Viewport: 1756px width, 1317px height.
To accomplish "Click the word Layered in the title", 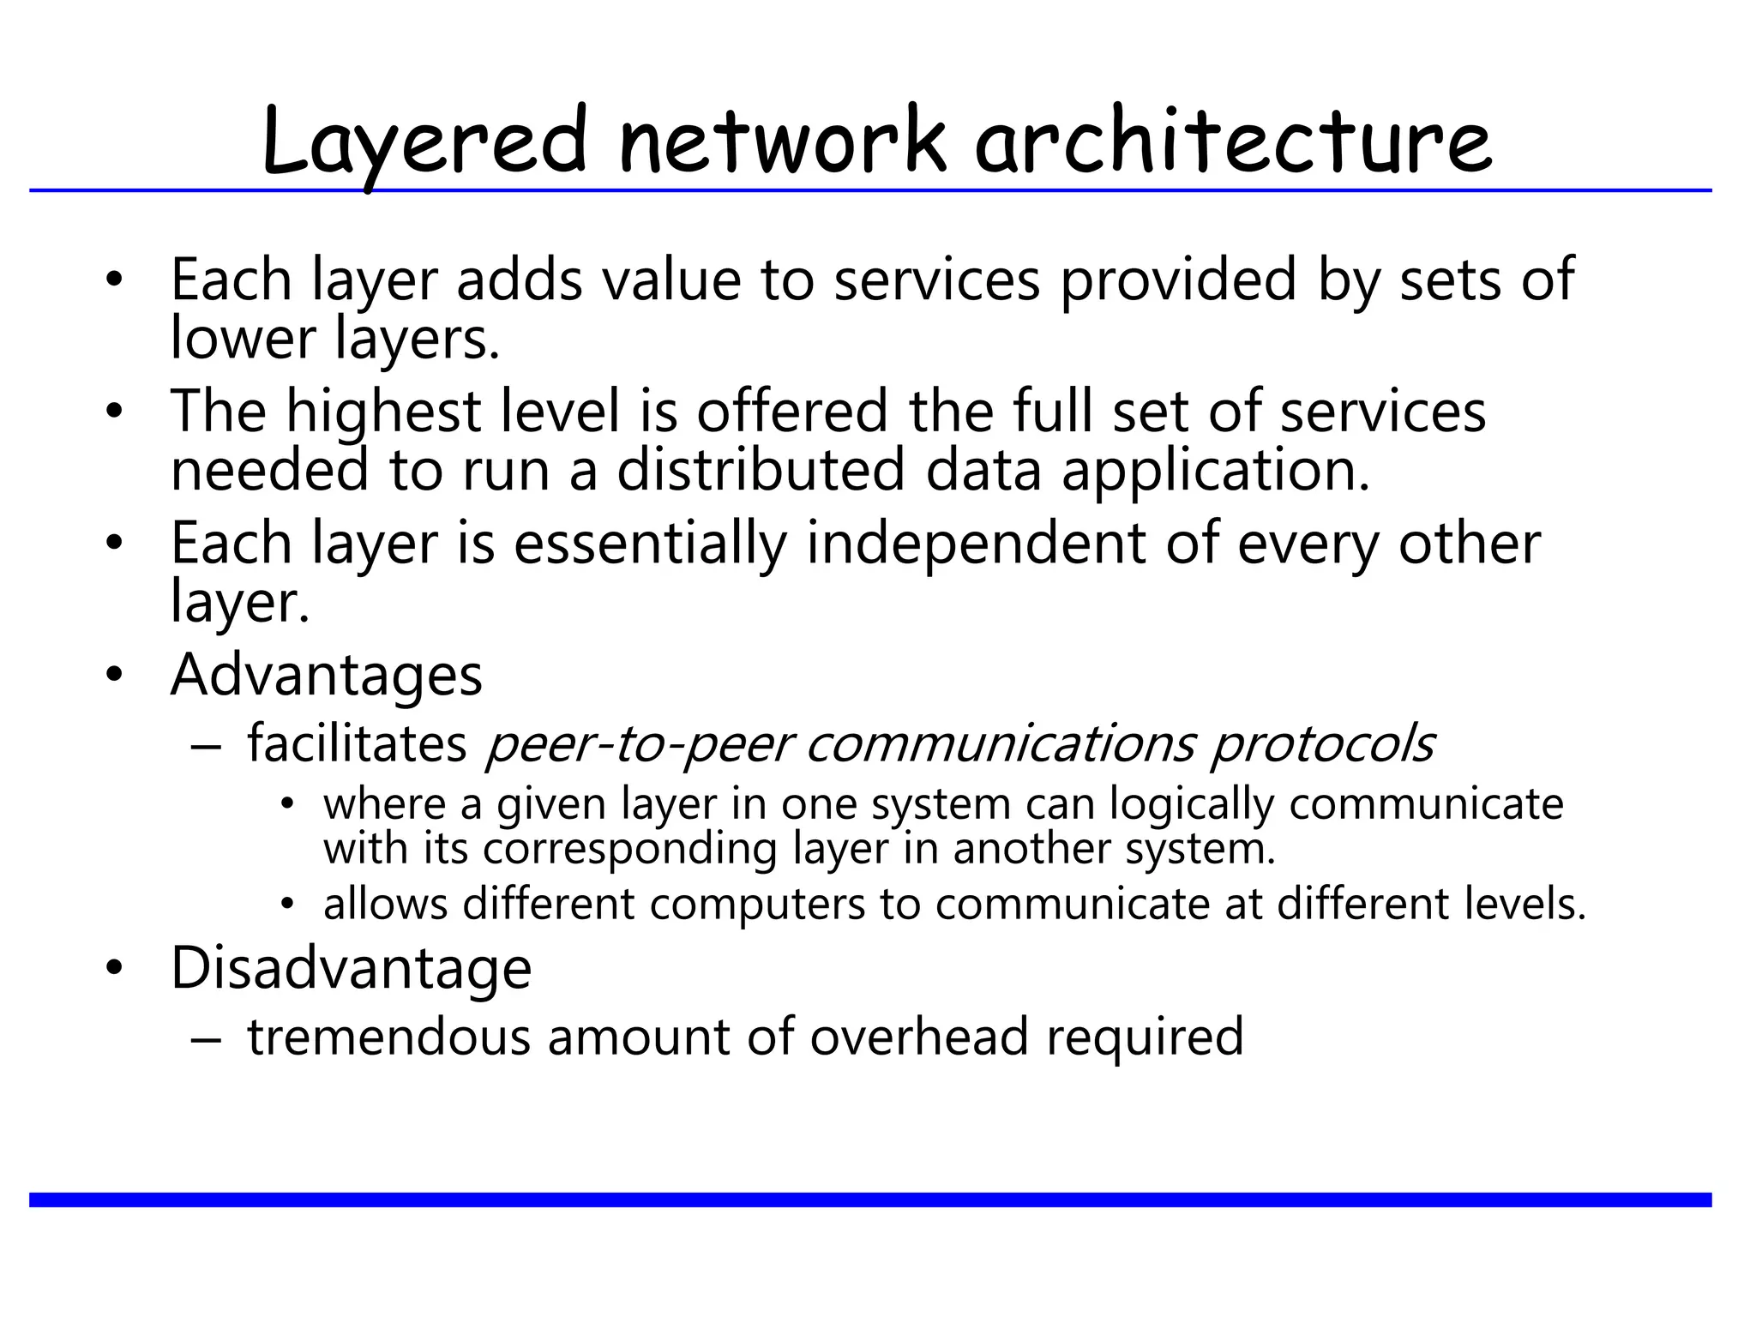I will [424, 141].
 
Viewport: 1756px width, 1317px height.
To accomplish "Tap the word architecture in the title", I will [1234, 141].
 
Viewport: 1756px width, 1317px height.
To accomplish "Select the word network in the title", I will [783, 141].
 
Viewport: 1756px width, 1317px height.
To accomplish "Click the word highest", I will [382, 412].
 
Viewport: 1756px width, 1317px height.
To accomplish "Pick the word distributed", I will [761, 470].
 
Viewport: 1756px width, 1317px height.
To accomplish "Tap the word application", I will [1215, 472].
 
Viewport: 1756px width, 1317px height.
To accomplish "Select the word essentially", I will [650, 544].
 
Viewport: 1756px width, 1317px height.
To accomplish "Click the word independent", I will [976, 544].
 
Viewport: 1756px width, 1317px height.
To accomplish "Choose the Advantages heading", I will [327, 676].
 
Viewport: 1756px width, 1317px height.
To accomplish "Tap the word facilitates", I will [357, 743].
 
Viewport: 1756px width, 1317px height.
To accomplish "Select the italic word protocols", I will [1321, 744].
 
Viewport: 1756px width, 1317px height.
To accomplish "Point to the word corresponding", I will [629, 849].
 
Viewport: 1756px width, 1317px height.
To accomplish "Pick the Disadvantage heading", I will [351, 968].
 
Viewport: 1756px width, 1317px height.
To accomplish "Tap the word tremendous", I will [389, 1037].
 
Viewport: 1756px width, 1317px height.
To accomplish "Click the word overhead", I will [919, 1037].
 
